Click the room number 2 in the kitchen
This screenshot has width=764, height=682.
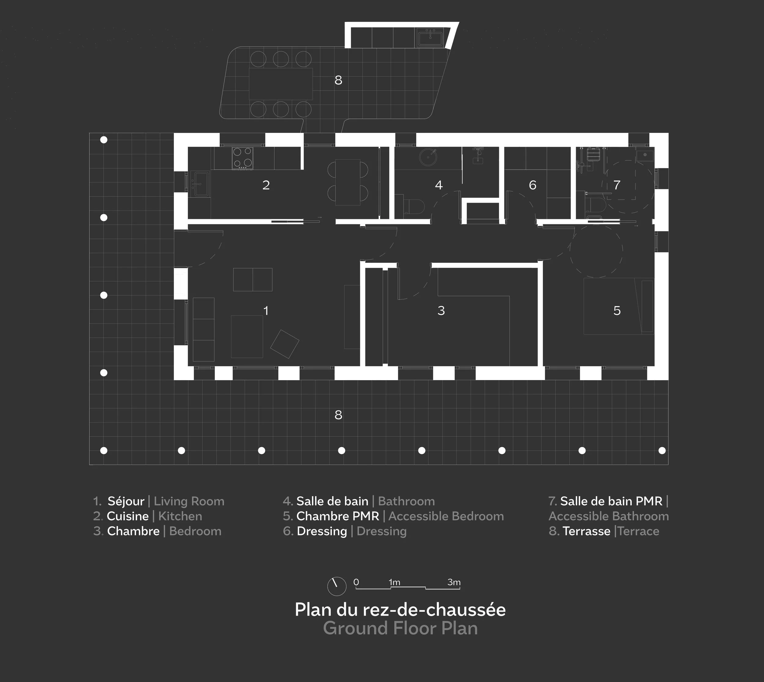pos(266,185)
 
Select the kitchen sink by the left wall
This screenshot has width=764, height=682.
pos(201,184)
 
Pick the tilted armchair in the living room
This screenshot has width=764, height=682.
pos(285,344)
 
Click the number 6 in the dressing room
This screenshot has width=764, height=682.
pos(532,185)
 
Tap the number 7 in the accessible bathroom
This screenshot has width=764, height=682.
pos(617,185)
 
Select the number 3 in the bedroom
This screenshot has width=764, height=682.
pos(441,311)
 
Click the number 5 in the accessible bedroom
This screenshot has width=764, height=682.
pos(617,311)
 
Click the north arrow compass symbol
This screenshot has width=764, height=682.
pos(336,586)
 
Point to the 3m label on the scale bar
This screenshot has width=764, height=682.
pos(454,582)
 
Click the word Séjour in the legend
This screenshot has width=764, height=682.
pos(126,501)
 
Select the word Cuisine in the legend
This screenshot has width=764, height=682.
pos(128,516)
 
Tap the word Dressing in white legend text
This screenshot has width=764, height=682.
pos(322,531)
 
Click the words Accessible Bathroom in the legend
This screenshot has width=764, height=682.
pos(608,516)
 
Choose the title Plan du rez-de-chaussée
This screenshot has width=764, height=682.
pos(400,610)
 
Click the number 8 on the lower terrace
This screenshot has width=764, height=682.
pos(338,415)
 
